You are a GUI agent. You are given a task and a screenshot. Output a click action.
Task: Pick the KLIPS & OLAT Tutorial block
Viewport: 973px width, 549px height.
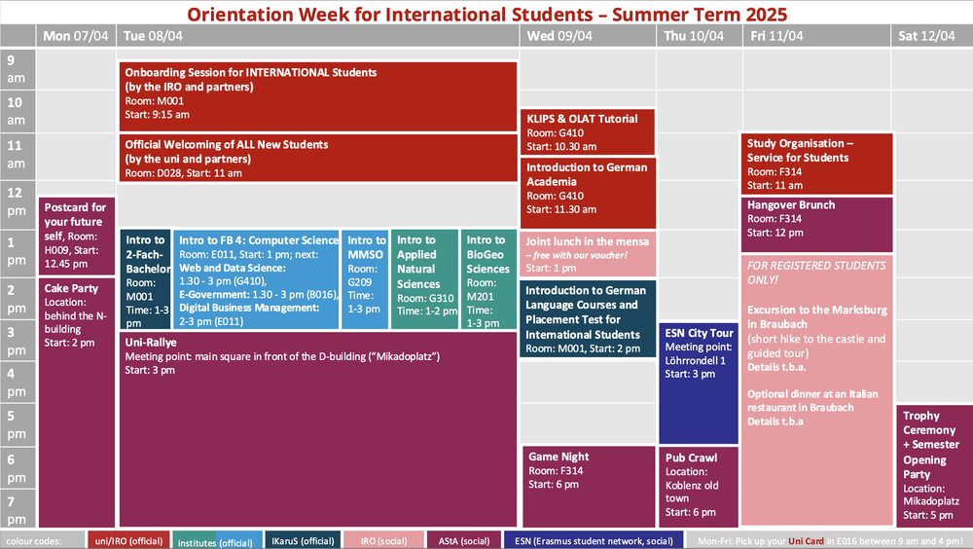pyautogui.click(x=588, y=131)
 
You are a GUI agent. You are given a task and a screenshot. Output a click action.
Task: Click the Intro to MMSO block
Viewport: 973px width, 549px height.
pyautogui.click(x=366, y=279)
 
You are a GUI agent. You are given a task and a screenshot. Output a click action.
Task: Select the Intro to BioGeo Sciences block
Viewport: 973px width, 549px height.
pyautogui.click(x=488, y=279)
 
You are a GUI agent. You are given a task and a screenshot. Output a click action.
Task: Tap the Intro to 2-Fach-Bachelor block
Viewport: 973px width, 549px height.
pyautogui.click(x=146, y=279)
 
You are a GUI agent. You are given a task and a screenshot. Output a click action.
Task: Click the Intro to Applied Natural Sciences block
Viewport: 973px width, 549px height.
pyautogui.click(x=424, y=279)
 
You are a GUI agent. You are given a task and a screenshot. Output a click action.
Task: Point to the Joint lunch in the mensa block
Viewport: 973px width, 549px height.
pyautogui.click(x=588, y=253)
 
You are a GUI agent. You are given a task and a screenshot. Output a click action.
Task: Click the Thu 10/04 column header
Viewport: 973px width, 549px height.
pyautogui.click(x=695, y=36)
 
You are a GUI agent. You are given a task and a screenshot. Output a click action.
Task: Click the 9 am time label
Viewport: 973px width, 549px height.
pyautogui.click(x=18, y=69)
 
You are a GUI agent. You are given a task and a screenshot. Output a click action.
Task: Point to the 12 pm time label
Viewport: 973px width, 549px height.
pyautogui.click(x=18, y=199)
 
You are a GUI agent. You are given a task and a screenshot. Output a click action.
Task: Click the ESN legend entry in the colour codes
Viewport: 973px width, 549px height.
pyautogui.click(x=593, y=540)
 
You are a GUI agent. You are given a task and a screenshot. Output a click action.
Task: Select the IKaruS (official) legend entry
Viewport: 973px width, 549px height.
pyautogui.click(x=302, y=540)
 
